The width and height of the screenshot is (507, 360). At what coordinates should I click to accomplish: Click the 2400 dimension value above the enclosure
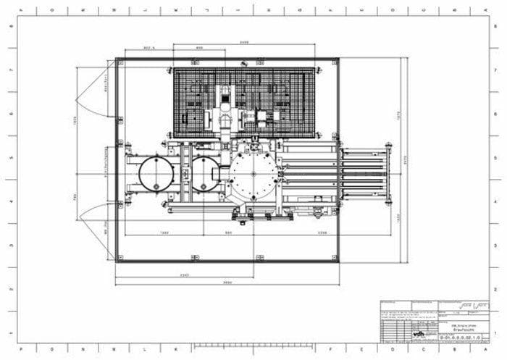pos(244,43)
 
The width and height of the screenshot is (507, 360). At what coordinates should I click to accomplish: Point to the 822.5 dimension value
pos(151,49)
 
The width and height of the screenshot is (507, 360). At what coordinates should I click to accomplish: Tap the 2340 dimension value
pos(185,275)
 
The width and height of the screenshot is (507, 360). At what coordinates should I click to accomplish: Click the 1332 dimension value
pos(164,233)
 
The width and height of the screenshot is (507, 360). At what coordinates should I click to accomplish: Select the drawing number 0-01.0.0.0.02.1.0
pos(455,338)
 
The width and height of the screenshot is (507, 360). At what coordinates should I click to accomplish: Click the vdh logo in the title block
pos(420,334)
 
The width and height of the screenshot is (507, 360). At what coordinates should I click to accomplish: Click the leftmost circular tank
pos(156,175)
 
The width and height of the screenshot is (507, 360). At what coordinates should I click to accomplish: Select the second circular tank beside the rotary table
pos(206,175)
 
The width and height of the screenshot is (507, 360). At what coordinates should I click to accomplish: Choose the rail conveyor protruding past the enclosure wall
pos(366,174)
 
